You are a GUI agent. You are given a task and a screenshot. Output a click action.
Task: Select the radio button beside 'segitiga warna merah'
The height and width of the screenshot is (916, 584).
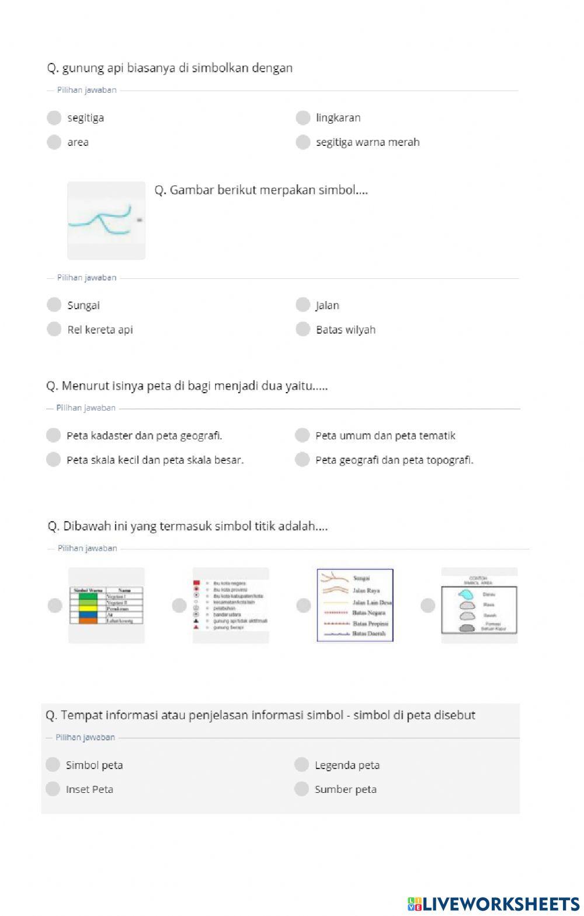303,142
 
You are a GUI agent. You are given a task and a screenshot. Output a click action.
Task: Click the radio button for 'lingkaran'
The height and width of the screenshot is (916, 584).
303,118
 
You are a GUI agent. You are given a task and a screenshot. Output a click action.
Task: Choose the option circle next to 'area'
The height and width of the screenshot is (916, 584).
54,142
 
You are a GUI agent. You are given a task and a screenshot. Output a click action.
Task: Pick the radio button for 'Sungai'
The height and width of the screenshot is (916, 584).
54,305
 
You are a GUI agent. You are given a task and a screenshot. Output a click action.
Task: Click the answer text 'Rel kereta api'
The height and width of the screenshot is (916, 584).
100,330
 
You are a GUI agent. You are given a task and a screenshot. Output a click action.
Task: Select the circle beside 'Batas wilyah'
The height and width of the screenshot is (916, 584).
303,330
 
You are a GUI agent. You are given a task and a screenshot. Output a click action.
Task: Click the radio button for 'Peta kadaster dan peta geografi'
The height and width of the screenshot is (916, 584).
53,436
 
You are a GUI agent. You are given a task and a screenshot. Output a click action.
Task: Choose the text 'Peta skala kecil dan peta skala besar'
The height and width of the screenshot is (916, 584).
155,460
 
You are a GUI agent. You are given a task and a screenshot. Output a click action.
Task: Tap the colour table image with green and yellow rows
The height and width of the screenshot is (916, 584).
106,606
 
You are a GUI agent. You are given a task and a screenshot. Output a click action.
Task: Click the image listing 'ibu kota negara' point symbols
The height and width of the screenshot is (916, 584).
231,606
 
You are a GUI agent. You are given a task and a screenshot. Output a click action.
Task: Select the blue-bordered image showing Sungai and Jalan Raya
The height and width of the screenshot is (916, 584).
355,606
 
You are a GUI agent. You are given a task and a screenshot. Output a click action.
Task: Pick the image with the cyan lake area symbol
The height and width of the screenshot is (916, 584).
479,606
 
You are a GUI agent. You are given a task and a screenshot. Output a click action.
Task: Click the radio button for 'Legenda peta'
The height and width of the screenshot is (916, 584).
301,765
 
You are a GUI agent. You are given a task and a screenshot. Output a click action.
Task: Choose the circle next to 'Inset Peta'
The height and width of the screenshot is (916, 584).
53,789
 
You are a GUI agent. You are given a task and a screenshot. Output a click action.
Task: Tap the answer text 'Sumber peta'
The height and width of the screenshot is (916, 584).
345,789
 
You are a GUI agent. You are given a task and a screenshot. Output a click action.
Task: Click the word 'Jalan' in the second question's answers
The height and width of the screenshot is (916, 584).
327,306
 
